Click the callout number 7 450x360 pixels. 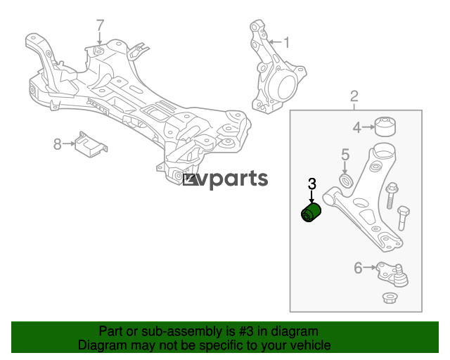pyautogui.click(x=100, y=25)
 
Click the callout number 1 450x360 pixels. pyautogui.click(x=286, y=42)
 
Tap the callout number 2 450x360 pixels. pyautogui.click(x=354, y=96)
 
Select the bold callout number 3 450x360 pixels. pyautogui.click(x=311, y=184)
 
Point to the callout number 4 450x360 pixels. pyautogui.click(x=356, y=127)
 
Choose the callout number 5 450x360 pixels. pyautogui.click(x=345, y=155)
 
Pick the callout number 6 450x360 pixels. pyautogui.click(x=358, y=268)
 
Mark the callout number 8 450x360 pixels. pyautogui.click(x=58, y=144)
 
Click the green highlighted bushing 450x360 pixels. pyautogui.click(x=311, y=213)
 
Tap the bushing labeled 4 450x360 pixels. pyautogui.click(x=385, y=127)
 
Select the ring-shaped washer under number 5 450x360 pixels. pyautogui.click(x=347, y=181)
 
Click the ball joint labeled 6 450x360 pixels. pyautogui.click(x=392, y=274)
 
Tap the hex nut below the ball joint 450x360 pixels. pyautogui.click(x=388, y=297)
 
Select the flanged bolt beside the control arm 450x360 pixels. pyautogui.click(x=392, y=195)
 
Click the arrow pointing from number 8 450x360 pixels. pyautogui.click(x=69, y=143)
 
